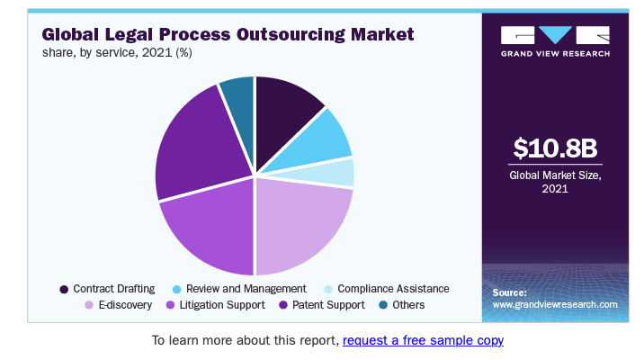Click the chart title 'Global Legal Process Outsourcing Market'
(x=228, y=35)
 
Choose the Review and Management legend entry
(x=238, y=289)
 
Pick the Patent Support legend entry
(x=318, y=305)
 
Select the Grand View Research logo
(x=555, y=40)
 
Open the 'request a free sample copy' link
(x=423, y=341)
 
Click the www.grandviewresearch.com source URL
(x=555, y=305)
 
